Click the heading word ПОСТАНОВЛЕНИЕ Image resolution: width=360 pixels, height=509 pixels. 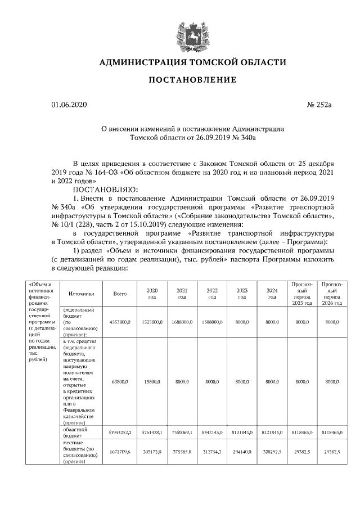(192, 80)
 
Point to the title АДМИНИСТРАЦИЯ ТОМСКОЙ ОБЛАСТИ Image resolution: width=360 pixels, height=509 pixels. (192, 62)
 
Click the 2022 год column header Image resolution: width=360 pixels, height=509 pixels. (211, 294)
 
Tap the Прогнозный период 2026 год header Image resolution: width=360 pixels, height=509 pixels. (331, 294)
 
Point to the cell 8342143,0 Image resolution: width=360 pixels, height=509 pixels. (212, 432)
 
